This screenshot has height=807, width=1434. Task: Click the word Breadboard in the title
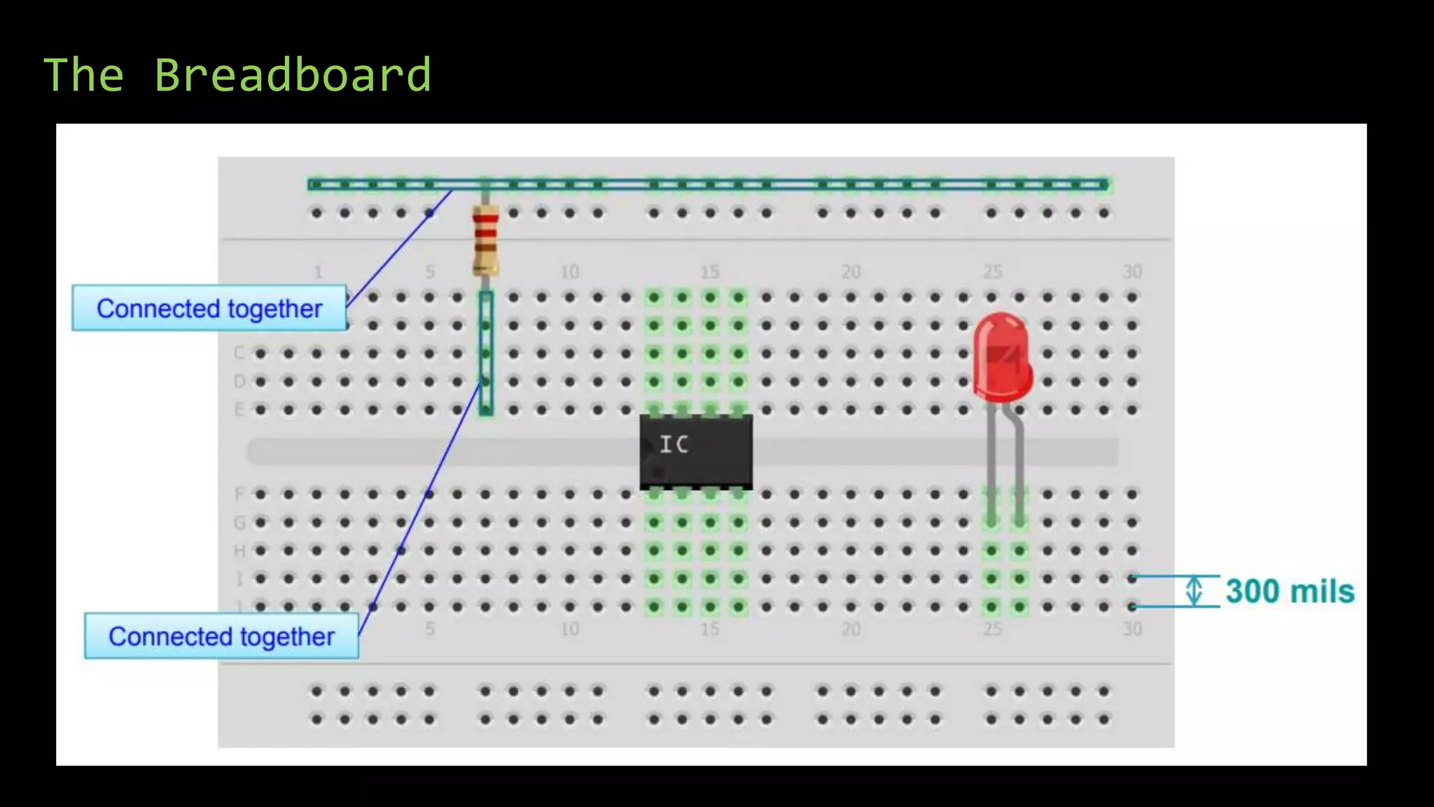click(x=292, y=75)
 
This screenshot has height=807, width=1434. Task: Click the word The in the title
click(x=84, y=75)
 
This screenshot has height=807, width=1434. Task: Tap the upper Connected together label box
click(x=209, y=308)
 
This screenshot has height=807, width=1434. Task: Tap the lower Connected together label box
click(x=221, y=636)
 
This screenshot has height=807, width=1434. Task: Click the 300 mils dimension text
click(x=1290, y=591)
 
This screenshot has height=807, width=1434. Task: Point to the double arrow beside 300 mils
click(x=1194, y=591)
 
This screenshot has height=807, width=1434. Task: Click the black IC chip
click(x=696, y=452)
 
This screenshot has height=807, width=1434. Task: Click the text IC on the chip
click(x=674, y=444)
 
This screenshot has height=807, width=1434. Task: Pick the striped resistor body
click(x=485, y=240)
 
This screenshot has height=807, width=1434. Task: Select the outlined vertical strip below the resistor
click(x=486, y=354)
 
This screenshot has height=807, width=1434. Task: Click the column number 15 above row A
click(x=709, y=272)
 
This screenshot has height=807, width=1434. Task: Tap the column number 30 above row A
click(x=1132, y=272)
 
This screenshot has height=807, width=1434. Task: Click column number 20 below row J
click(x=850, y=629)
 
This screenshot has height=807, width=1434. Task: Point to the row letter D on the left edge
click(x=239, y=382)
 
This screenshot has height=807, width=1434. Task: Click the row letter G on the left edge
click(x=239, y=523)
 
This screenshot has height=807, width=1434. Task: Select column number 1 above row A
click(x=317, y=272)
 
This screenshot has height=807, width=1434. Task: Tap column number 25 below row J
click(x=991, y=629)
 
